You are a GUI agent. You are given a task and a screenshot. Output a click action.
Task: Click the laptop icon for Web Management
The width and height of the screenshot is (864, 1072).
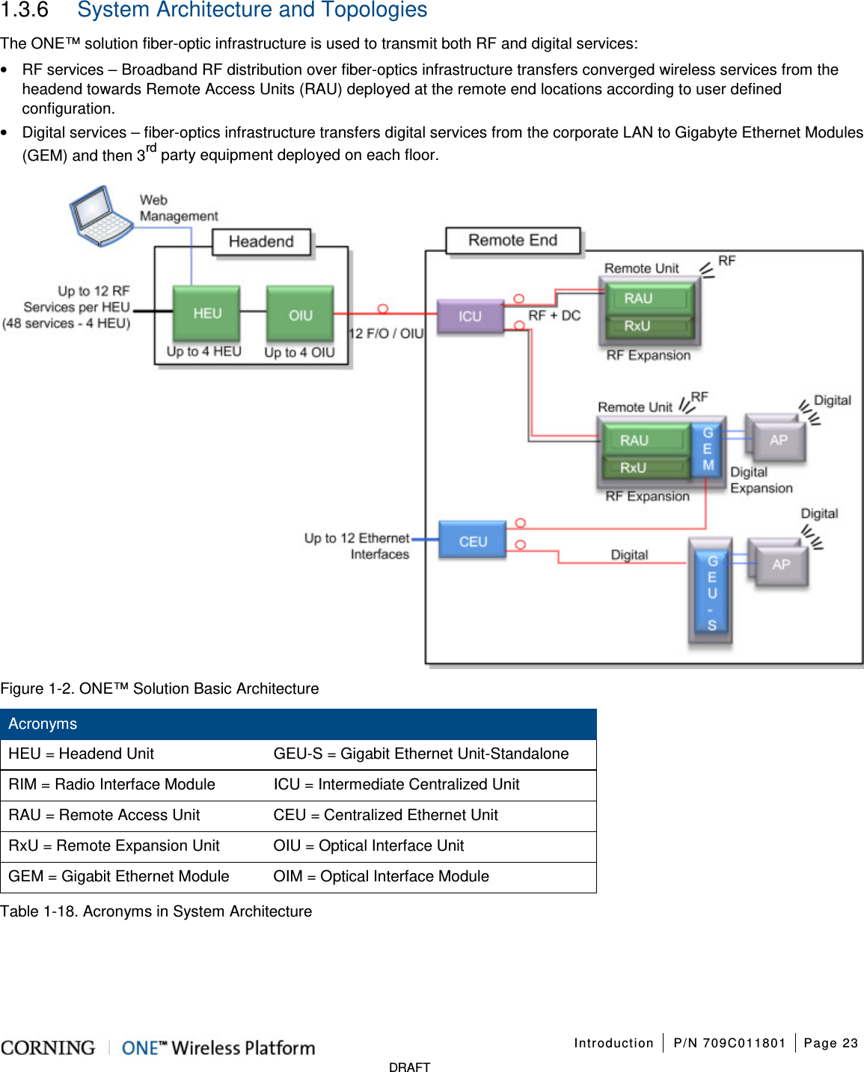click(101, 216)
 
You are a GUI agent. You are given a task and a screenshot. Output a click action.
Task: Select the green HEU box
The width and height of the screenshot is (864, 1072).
click(206, 313)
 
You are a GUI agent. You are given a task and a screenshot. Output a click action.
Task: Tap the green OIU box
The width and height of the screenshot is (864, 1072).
click(300, 315)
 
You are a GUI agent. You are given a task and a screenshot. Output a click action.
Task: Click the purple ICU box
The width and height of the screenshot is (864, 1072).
click(470, 316)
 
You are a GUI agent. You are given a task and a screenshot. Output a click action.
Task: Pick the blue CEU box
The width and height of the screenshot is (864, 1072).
click(472, 541)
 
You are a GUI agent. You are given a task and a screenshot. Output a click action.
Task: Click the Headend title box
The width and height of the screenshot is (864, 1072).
click(261, 241)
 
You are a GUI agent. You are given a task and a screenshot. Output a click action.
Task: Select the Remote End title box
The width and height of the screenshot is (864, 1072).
click(512, 240)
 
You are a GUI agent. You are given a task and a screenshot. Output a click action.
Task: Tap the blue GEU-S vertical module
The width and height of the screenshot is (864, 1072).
click(711, 592)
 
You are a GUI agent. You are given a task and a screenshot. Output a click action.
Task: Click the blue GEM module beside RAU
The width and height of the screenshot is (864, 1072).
click(707, 449)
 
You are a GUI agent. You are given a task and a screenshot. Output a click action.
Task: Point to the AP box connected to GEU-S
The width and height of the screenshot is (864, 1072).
click(781, 564)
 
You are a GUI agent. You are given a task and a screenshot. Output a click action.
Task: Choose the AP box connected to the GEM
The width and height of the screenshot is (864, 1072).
click(778, 440)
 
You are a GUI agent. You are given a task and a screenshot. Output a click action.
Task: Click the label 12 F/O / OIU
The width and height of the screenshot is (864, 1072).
click(386, 333)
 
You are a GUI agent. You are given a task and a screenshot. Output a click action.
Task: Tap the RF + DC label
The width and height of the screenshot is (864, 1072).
click(554, 315)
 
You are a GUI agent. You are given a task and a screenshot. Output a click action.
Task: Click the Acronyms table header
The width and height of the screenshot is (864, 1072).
click(298, 724)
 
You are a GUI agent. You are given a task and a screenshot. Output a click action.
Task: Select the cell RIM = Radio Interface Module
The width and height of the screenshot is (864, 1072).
click(112, 784)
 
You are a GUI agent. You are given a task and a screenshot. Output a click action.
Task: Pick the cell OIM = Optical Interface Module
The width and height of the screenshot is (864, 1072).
click(381, 876)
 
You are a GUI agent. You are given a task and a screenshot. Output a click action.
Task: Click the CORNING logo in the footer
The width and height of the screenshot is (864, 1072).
click(49, 1047)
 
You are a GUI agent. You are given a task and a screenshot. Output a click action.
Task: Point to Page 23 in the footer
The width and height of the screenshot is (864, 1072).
click(830, 1043)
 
